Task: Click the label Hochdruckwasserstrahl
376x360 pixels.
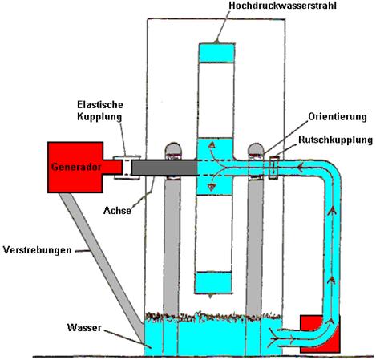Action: pyautogui.click(x=282, y=6)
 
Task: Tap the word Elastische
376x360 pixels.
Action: pyautogui.click(x=100, y=104)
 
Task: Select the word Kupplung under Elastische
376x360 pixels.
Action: pyautogui.click(x=99, y=117)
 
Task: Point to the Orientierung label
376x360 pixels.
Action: pyautogui.click(x=338, y=117)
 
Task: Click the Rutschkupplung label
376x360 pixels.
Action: pyautogui.click(x=335, y=140)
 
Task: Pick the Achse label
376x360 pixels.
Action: pyautogui.click(x=117, y=211)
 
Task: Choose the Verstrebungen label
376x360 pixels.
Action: pyautogui.click(x=38, y=250)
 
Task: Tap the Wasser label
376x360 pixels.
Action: pyautogui.click(x=84, y=327)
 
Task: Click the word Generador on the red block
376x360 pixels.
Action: pyautogui.click(x=76, y=167)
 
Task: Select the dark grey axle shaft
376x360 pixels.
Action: pyautogui.click(x=164, y=168)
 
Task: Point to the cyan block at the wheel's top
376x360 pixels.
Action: pyautogui.click(x=216, y=53)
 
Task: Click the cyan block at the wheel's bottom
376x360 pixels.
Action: pyautogui.click(x=213, y=282)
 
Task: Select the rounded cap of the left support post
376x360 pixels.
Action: pyautogui.click(x=173, y=148)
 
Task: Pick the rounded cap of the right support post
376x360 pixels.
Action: pyautogui.click(x=256, y=149)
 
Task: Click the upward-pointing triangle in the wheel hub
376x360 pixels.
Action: pyautogui.click(x=212, y=145)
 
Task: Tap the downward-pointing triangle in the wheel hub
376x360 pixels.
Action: pyautogui.click(x=212, y=187)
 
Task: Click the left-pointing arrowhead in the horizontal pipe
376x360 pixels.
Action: pyautogui.click(x=301, y=168)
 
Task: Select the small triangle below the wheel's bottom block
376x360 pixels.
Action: pyautogui.click(x=211, y=296)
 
